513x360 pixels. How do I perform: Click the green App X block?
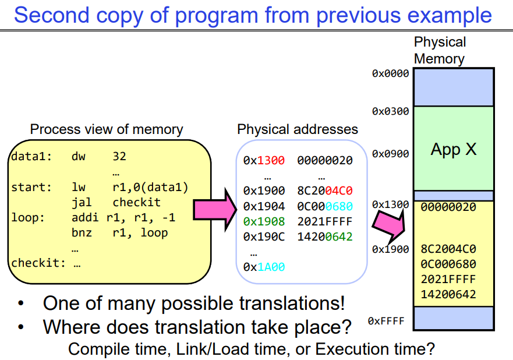pos(453,150)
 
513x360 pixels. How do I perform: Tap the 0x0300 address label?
pos(390,111)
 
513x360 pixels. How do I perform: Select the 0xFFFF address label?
pos(387,321)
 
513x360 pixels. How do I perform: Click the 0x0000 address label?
pos(390,73)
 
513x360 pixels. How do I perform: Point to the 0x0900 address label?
pos(390,154)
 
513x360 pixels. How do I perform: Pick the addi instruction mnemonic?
pos(85,218)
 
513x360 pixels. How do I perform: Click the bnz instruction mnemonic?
pos(82,233)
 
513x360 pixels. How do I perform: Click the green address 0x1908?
pos(264,221)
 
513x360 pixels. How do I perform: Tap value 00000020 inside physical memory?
pos(448,207)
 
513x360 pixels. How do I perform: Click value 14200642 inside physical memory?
pos(448,294)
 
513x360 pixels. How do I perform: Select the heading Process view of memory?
pos(107,129)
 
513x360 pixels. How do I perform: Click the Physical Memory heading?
pos(440,50)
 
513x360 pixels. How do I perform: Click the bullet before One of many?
pos(22,304)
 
